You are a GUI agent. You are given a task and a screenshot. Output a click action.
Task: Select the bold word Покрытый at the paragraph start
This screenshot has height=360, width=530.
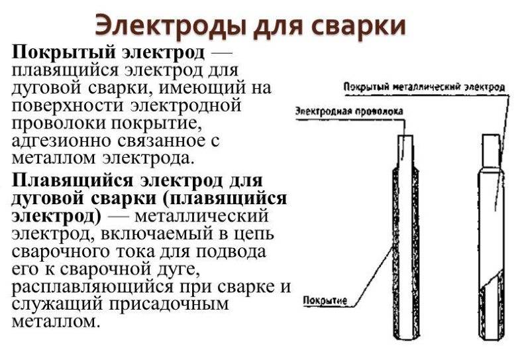[x=65, y=53]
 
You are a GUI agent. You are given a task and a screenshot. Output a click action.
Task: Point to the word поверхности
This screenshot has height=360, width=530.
[x=69, y=105]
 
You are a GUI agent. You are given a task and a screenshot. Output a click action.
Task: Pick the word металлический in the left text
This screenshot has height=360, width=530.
[x=201, y=216]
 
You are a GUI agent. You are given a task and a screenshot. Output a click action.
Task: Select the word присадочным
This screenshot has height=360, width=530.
[x=170, y=304]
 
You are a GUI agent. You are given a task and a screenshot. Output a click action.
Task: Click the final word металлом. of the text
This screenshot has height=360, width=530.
[x=56, y=322]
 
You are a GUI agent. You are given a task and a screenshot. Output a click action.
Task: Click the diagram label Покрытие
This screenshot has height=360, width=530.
[x=325, y=300]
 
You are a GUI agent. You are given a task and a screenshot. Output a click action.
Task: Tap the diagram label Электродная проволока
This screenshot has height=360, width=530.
[x=349, y=111]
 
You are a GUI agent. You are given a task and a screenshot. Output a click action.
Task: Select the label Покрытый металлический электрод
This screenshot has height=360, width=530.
[x=424, y=87]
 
